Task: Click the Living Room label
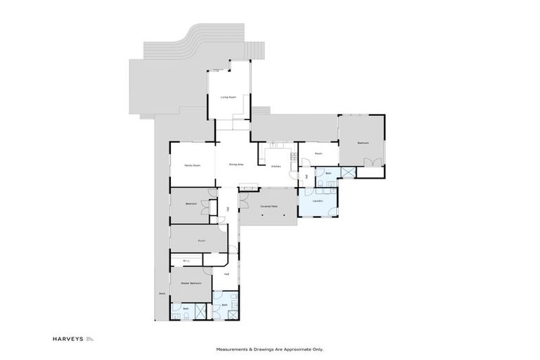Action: point(227,97)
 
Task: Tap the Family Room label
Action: point(193,165)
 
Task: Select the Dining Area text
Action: point(236,165)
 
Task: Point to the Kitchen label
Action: point(276,166)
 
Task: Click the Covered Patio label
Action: point(268,206)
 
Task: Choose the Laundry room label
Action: point(317,201)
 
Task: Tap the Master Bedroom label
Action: point(191,283)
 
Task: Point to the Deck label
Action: point(161,293)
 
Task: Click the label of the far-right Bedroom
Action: point(363,143)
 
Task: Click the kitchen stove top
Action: point(277,145)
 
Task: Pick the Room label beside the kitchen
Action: point(318,153)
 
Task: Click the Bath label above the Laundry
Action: point(328,172)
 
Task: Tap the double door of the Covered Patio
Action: point(243,200)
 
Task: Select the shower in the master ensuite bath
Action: point(200,310)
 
